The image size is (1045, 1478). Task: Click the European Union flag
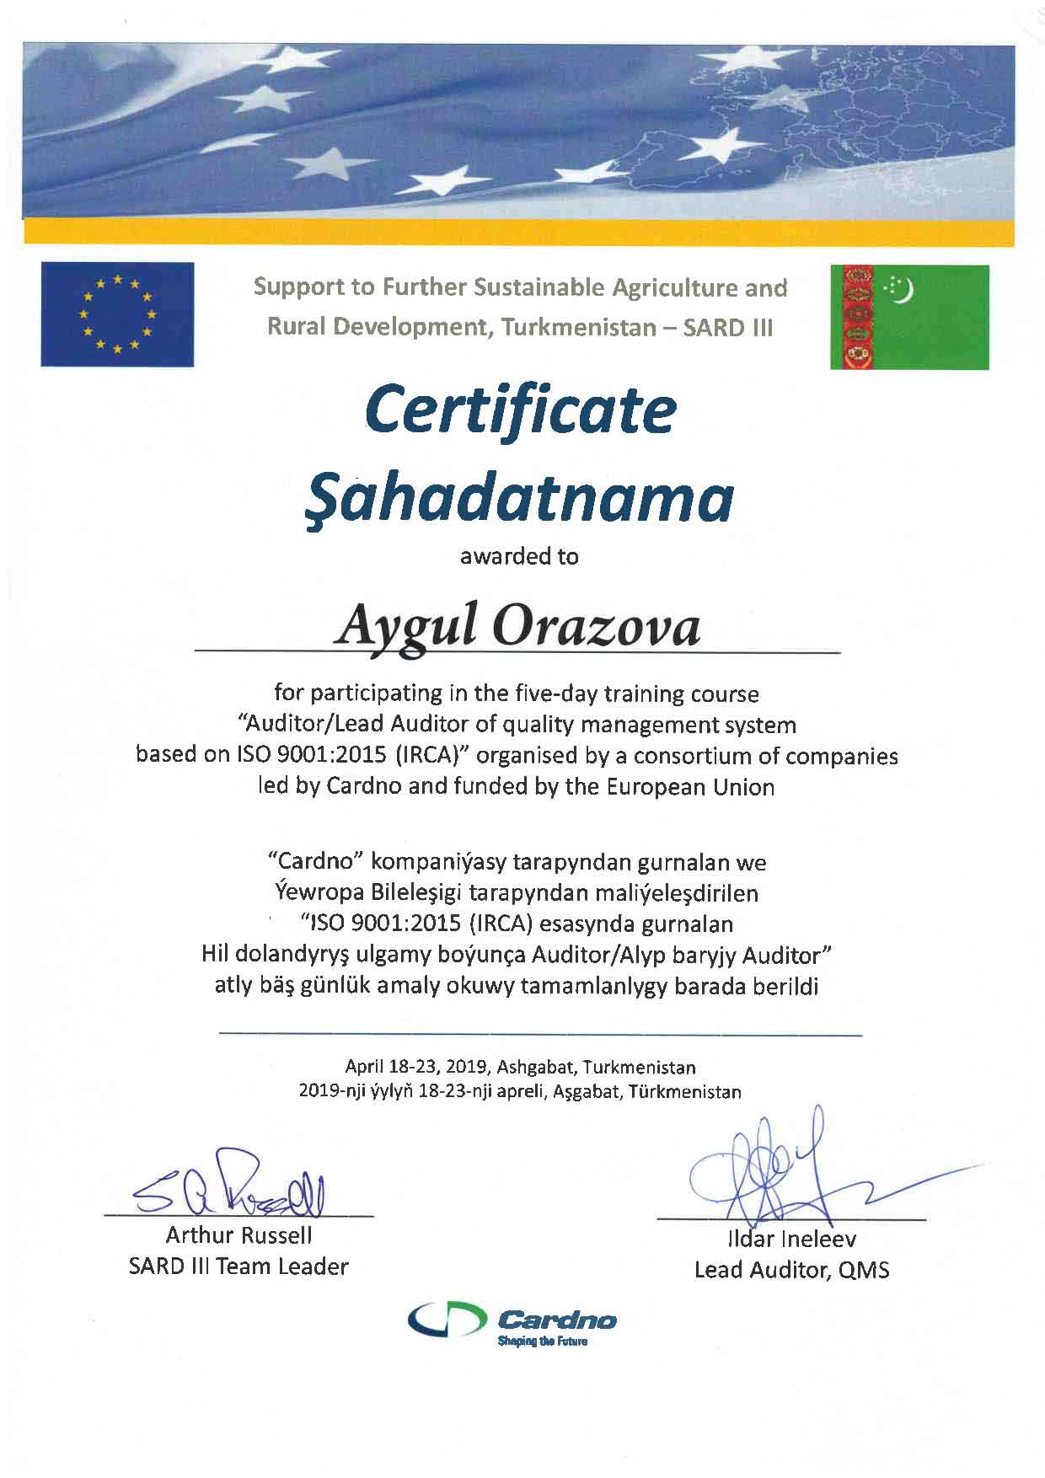point(117,314)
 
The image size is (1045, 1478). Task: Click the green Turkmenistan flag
point(909,317)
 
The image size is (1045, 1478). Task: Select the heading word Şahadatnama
point(517,498)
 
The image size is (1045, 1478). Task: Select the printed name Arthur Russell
point(238,1235)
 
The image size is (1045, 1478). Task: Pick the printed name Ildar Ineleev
point(791,1239)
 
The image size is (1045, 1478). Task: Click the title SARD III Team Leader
point(238,1266)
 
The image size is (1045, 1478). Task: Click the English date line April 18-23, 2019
point(520,1068)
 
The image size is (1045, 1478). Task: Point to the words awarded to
point(519,556)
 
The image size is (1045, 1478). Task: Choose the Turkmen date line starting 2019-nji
point(520,1092)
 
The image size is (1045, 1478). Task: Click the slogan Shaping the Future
point(542,1341)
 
